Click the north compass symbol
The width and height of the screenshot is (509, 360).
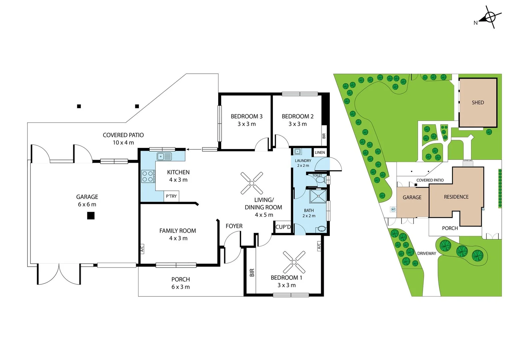tap(490, 17)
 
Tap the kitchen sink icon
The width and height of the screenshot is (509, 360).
tap(164, 156)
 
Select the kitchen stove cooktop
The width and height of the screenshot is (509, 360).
tap(148, 176)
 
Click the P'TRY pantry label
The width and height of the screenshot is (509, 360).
tap(171, 196)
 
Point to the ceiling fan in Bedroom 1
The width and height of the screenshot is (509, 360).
tap(294, 262)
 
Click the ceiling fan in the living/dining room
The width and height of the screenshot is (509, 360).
tap(252, 183)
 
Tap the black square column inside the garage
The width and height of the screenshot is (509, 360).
tap(91, 216)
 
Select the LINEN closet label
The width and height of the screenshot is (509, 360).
tap(320, 153)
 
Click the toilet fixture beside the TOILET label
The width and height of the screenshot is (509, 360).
tap(321, 180)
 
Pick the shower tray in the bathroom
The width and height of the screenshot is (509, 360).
tap(318, 196)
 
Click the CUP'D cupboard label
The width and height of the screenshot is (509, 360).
tap(283, 227)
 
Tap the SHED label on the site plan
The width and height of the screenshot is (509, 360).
tap(478, 103)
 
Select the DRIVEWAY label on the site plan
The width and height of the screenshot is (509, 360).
tap(426, 254)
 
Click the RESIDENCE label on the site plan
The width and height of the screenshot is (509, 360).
tap(456, 197)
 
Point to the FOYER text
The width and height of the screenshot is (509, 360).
tap(234, 226)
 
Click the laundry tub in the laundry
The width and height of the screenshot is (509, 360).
tap(297, 152)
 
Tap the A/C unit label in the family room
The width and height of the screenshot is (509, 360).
tap(142, 249)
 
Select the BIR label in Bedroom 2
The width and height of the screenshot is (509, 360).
tap(324, 136)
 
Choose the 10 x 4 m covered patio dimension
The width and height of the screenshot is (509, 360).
tap(123, 143)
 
